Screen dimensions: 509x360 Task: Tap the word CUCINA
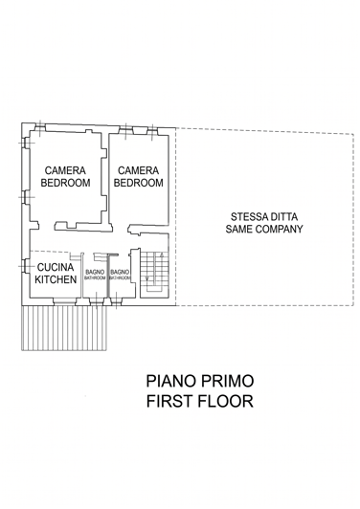pos(55,268)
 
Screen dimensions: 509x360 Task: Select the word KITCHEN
pos(56,279)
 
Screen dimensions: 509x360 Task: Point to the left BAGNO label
pos(95,273)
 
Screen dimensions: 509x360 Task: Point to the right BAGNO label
pos(120,273)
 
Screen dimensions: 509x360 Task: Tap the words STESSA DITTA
pos(263,216)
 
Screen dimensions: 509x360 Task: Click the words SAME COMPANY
pos(263,230)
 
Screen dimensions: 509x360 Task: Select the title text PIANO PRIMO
pos(200,382)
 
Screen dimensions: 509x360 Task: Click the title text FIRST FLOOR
pos(200,402)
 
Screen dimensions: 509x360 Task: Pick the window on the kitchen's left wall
pos(23,269)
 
